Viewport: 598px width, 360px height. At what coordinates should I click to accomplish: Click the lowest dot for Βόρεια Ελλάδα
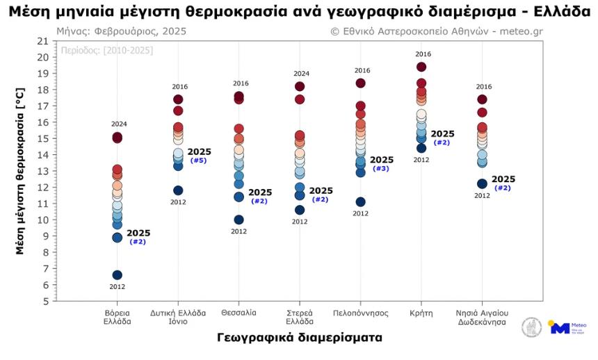pyautogui.click(x=118, y=275)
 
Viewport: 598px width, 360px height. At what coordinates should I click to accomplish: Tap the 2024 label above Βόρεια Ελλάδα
pyautogui.click(x=119, y=124)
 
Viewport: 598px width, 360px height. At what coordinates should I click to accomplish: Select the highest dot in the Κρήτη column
pyautogui.click(x=421, y=67)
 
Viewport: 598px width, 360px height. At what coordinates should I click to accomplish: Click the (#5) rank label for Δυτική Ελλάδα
pyautogui.click(x=198, y=161)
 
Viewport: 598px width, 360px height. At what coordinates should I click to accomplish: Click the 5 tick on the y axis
pyautogui.click(x=44, y=301)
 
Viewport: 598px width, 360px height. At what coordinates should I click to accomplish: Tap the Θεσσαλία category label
pyautogui.click(x=239, y=313)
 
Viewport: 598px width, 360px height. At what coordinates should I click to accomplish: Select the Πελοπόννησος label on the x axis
pyautogui.click(x=360, y=313)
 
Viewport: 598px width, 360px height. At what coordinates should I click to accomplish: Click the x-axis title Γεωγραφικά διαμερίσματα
pyautogui.click(x=299, y=338)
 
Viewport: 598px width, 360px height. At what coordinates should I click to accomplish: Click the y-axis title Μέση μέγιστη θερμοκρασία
pyautogui.click(x=20, y=171)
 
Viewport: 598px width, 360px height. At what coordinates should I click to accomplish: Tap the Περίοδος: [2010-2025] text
pyautogui.click(x=107, y=51)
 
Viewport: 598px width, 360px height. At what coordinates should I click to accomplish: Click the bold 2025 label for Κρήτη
pyautogui.click(x=442, y=134)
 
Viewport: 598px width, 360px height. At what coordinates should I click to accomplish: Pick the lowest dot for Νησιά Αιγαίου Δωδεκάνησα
pyautogui.click(x=482, y=184)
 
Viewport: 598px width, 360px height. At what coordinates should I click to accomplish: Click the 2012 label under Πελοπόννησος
pyautogui.click(x=360, y=213)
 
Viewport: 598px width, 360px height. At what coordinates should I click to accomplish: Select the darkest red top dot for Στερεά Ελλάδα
pyautogui.click(x=300, y=87)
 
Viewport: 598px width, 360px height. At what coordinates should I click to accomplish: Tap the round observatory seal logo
pyautogui.click(x=533, y=327)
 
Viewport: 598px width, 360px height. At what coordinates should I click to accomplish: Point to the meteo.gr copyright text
pyautogui.click(x=437, y=31)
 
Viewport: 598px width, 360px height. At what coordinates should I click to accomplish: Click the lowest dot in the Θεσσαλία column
pyautogui.click(x=239, y=220)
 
